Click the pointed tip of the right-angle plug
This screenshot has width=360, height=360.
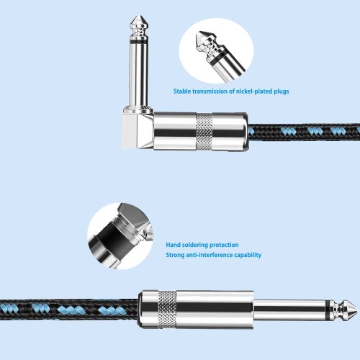pyautogui.click(x=139, y=16)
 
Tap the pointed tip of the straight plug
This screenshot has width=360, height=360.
pyautogui.click(x=358, y=309)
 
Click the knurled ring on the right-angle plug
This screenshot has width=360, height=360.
pyautogui.click(x=204, y=131)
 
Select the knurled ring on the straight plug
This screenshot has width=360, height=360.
pyautogui.click(x=167, y=310)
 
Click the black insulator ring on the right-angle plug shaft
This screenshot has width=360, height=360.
pyautogui.click(x=139, y=42)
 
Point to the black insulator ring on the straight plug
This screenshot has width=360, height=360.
pyautogui.click(x=328, y=309)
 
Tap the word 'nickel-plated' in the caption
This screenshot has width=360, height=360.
pyautogui.click(x=254, y=91)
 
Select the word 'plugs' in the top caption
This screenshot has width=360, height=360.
pyautogui.click(x=282, y=91)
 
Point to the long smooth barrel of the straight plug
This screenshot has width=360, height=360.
pyautogui.click(x=215, y=310)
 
